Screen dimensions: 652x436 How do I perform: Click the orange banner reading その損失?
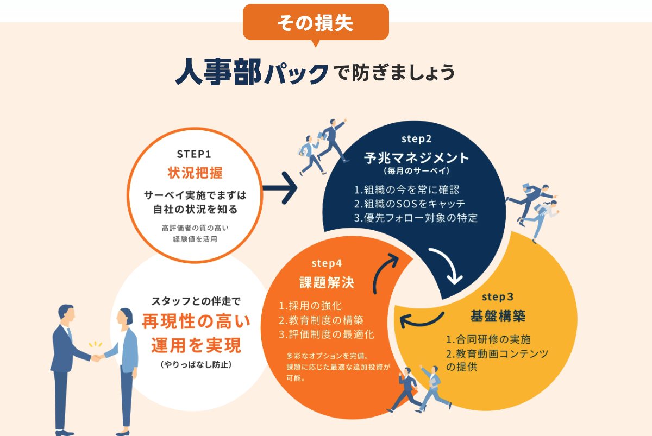pyautogui.click(x=316, y=22)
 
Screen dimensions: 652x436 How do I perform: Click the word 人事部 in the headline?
pyautogui.click(x=218, y=72)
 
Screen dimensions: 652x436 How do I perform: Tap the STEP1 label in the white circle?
pyautogui.click(x=194, y=154)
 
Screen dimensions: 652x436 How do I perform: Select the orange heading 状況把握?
pyautogui.click(x=195, y=173)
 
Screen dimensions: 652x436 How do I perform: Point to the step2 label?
pyautogui.click(x=417, y=139)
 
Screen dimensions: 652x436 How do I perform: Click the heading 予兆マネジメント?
pyautogui.click(x=417, y=158)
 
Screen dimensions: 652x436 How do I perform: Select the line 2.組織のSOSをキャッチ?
pyautogui.click(x=410, y=204)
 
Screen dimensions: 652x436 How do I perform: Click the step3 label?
pyautogui.click(x=498, y=297)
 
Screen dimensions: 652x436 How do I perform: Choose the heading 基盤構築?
pyautogui.click(x=498, y=316)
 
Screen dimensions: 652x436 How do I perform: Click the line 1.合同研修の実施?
pyautogui.click(x=488, y=339)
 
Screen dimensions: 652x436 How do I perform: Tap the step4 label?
pyautogui.click(x=327, y=263)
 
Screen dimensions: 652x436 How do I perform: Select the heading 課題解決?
pyautogui.click(x=327, y=282)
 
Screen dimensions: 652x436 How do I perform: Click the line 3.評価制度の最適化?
pyautogui.click(x=327, y=334)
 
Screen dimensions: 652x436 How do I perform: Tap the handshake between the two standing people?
pyautogui.click(x=97, y=357)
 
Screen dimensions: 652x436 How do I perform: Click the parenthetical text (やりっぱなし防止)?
pyautogui.click(x=196, y=364)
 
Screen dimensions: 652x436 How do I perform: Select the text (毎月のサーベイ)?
pyautogui.click(x=417, y=170)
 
